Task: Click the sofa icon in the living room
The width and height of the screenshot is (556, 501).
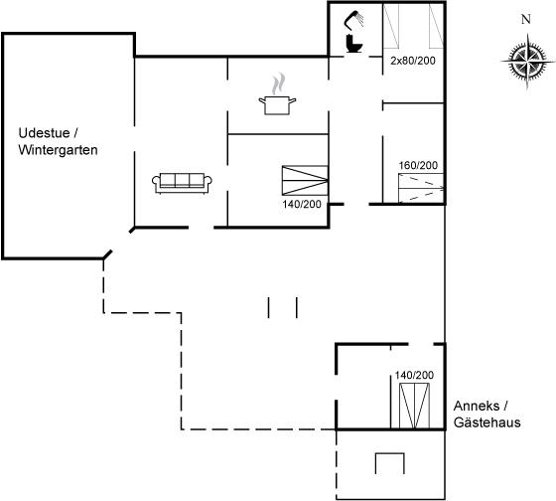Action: [182, 183]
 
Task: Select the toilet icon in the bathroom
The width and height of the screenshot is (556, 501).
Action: [353, 44]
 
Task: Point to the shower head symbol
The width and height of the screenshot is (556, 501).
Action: [353, 20]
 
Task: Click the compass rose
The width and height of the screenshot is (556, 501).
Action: [527, 62]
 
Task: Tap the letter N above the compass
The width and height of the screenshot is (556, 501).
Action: [526, 19]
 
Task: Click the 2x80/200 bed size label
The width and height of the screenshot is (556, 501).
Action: [413, 61]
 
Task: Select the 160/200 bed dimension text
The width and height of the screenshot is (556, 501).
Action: [418, 165]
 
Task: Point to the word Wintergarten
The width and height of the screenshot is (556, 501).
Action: [58, 150]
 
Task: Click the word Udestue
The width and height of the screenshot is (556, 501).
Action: [44, 133]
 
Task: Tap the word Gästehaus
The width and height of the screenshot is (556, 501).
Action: [487, 422]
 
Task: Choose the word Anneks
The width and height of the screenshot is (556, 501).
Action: [477, 406]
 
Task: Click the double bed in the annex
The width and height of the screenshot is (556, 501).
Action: [414, 406]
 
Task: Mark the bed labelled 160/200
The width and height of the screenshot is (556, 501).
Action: [421, 188]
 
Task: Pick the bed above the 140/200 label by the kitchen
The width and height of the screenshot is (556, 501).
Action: [305, 180]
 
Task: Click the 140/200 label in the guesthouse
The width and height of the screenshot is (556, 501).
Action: [414, 375]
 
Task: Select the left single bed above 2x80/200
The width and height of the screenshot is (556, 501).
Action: [391, 26]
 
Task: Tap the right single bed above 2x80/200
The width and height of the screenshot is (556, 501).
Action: [436, 26]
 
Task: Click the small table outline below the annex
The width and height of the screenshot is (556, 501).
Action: [389, 463]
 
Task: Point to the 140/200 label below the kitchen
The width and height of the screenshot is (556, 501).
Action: [302, 204]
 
